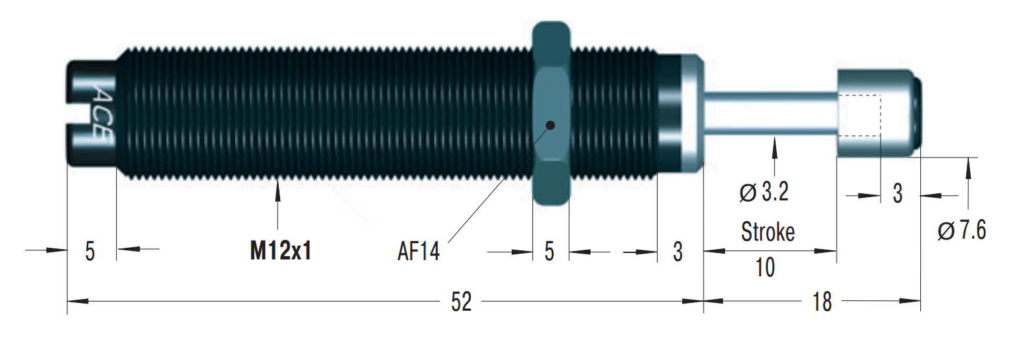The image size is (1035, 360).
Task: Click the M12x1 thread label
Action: pos(280,250)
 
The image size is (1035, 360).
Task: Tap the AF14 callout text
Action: pos(418,251)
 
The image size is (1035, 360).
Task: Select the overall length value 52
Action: pos(461,302)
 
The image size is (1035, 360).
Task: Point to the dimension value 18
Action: pos(822,302)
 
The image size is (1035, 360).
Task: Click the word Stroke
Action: pos(768,232)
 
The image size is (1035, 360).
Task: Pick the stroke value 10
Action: pos(765,267)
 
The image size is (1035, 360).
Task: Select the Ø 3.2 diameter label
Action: pos(764,192)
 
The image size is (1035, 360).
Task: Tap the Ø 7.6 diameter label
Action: pos(962,230)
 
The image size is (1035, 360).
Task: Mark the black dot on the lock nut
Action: pos(551,125)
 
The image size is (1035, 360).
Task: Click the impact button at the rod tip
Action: pos(875,114)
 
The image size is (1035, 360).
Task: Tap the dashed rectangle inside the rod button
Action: pos(860,115)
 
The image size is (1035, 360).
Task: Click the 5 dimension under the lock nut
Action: pos(549,251)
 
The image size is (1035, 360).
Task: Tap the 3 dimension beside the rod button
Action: pos(898,193)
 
